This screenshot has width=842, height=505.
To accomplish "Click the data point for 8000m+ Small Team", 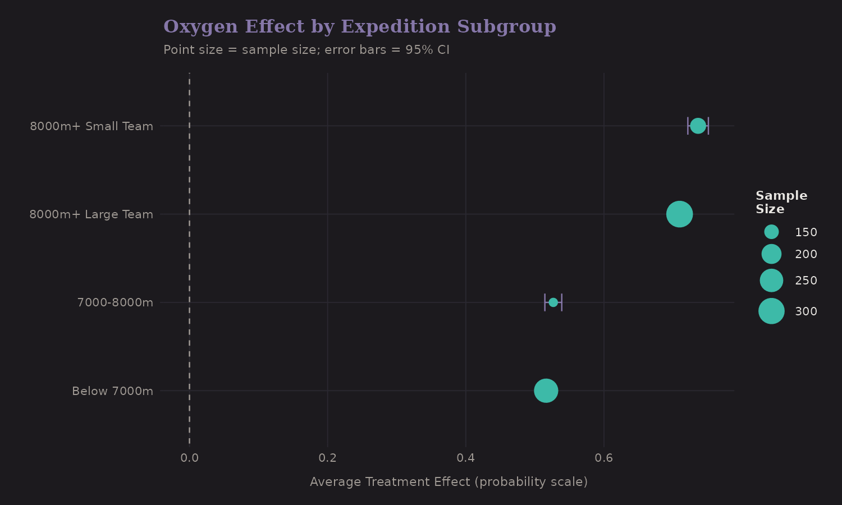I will coord(698,126).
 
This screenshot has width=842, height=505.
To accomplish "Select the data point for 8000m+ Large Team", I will coord(679,214).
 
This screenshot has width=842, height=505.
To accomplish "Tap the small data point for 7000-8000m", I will coord(553,302).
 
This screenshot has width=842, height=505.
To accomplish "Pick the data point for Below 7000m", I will coord(546,391).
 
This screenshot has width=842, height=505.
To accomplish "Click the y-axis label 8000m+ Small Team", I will coord(91,126).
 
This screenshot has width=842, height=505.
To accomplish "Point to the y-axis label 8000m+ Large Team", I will coord(91,214).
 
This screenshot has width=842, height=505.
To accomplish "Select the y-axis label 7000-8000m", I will coord(115,303).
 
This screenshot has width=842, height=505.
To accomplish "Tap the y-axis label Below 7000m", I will coord(112,391).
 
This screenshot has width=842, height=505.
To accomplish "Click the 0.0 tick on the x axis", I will coord(190,458).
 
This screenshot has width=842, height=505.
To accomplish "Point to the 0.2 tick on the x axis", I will coord(328,458).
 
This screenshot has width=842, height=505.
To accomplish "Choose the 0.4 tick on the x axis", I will coord(466,458).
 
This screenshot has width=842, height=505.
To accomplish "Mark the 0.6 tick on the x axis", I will coord(604,458).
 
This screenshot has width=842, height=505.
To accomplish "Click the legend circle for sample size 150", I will coord(771,232).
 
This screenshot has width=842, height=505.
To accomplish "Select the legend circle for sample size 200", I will coord(771,254).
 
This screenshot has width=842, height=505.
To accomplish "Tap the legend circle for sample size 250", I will coord(771,281).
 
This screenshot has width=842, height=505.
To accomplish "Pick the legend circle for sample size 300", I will coord(771,311).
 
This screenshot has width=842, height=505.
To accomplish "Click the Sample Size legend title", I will coord(781,203).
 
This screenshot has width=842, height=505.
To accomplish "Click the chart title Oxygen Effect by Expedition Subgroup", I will coord(359,27).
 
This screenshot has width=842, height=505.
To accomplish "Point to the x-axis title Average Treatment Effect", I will coord(449,482).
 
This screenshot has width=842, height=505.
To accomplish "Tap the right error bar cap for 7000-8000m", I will coord(561,302).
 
